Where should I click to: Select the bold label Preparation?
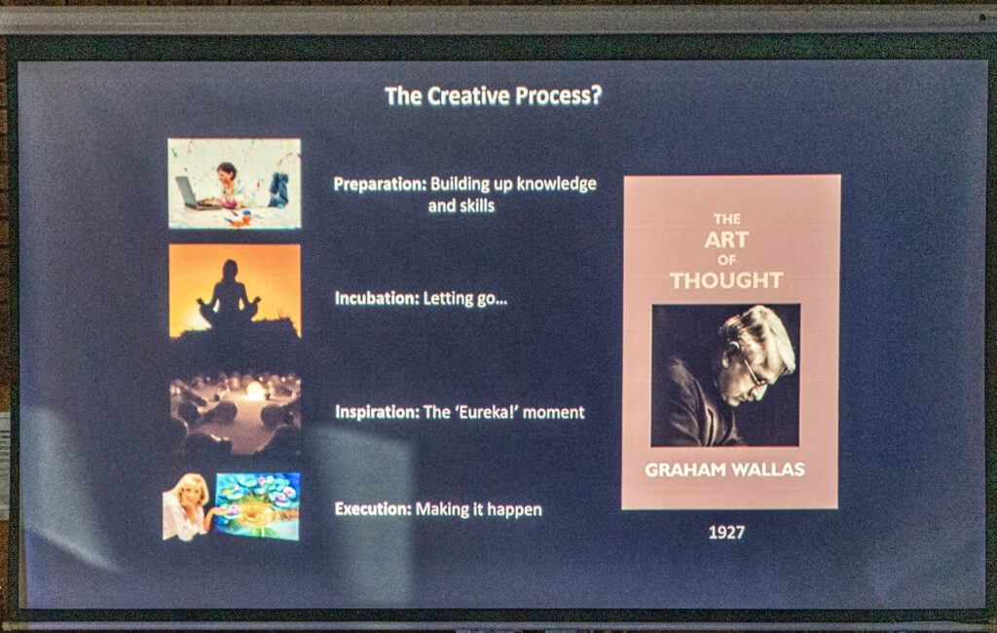(380, 184)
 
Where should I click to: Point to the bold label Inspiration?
(377, 412)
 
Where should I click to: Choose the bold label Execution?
(373, 509)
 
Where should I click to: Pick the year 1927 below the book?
(726, 533)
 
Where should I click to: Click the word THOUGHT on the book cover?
(726, 280)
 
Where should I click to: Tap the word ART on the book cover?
(726, 240)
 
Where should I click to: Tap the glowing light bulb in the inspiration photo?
(256, 391)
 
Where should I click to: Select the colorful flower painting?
(257, 505)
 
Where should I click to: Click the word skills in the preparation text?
(477, 205)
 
